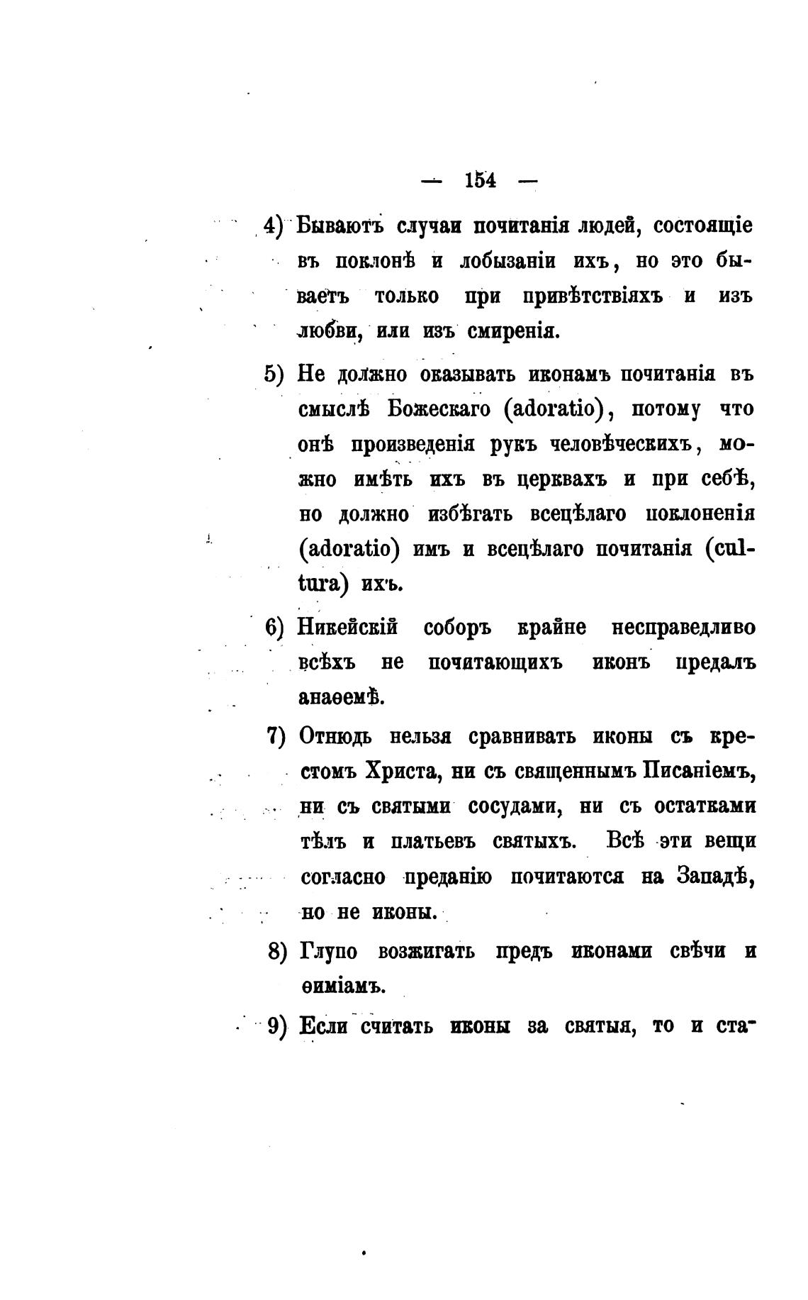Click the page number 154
click(x=480, y=181)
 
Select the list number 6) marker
click(x=274, y=628)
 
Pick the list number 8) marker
click(x=276, y=951)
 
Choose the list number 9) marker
click(x=276, y=1026)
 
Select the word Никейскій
click(x=348, y=628)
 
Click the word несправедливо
click(x=683, y=628)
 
